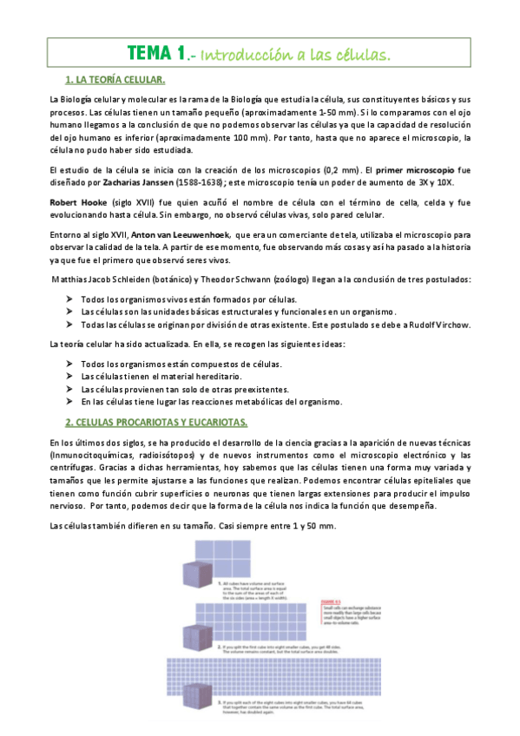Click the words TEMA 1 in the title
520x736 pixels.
coord(155,54)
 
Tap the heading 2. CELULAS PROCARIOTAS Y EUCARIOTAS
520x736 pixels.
coord(156,422)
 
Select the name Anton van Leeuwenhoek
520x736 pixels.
coord(168,234)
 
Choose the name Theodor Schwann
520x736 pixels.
coord(258,279)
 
